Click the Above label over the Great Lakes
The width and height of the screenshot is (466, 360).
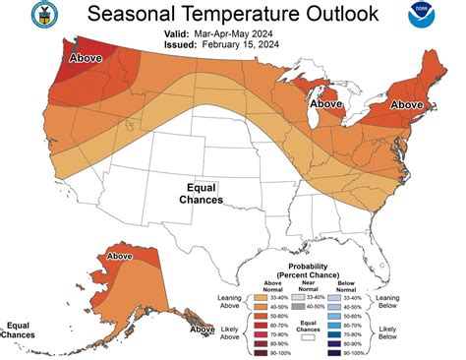click(326, 103)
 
